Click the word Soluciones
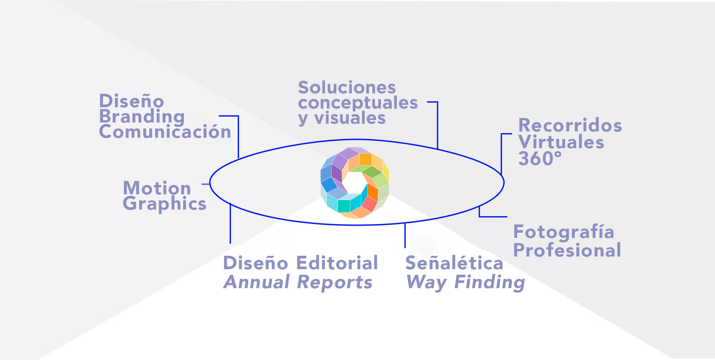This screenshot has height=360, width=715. coord(347,88)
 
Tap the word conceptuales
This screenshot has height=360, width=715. coord(358,103)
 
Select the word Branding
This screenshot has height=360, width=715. coord(142,117)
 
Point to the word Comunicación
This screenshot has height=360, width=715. coord(165,132)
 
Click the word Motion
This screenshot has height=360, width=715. coord(157,188)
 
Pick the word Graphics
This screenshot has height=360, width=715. coord(165,204)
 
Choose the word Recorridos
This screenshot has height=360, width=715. coord(570,125)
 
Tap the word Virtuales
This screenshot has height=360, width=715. coord(561,142)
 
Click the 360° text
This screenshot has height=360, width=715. coord(540,159)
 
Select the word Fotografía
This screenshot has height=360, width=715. coord(563,232)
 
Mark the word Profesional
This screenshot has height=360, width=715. coord(567,250)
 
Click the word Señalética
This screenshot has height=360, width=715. coord(454,263)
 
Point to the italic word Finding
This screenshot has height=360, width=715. coord(490,282)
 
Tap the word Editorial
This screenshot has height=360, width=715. coord(337,263)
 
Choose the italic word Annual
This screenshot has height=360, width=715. coord(257,282)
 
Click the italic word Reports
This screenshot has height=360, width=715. coord(335,283)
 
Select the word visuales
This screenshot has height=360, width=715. coord(350,118)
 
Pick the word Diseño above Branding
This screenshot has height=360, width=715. coord(131,101)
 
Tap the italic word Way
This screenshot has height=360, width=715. coord(427,282)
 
